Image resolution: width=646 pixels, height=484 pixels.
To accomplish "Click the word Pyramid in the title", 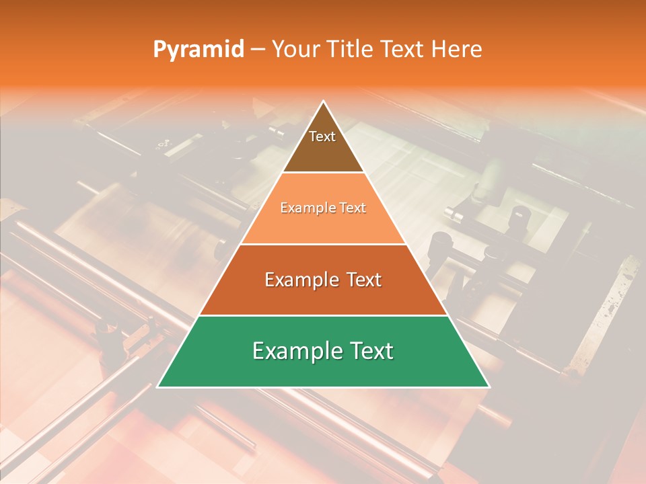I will (198, 49).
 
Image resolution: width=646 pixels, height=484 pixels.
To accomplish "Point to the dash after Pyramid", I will (258, 49).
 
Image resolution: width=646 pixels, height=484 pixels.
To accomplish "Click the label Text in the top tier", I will (322, 136).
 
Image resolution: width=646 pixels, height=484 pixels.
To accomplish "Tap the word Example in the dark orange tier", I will (300, 280).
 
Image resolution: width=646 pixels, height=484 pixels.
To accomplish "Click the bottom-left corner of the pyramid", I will (158, 387).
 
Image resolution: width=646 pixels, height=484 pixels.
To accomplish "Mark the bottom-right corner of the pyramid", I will (489, 387).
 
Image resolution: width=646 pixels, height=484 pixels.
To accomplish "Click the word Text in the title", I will (404, 49).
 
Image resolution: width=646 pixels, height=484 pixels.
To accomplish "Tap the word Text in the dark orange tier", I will (361, 280).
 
